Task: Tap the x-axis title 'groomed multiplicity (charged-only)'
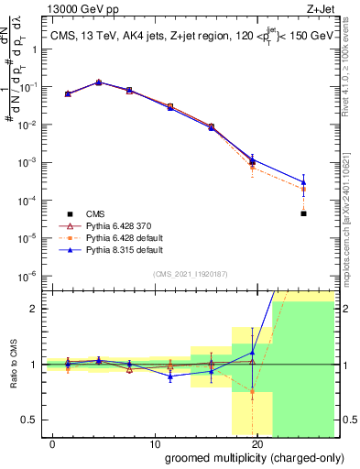(249, 457)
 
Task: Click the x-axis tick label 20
(256, 443)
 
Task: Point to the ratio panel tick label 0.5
(31, 420)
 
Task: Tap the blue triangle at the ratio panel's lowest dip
(170, 376)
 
